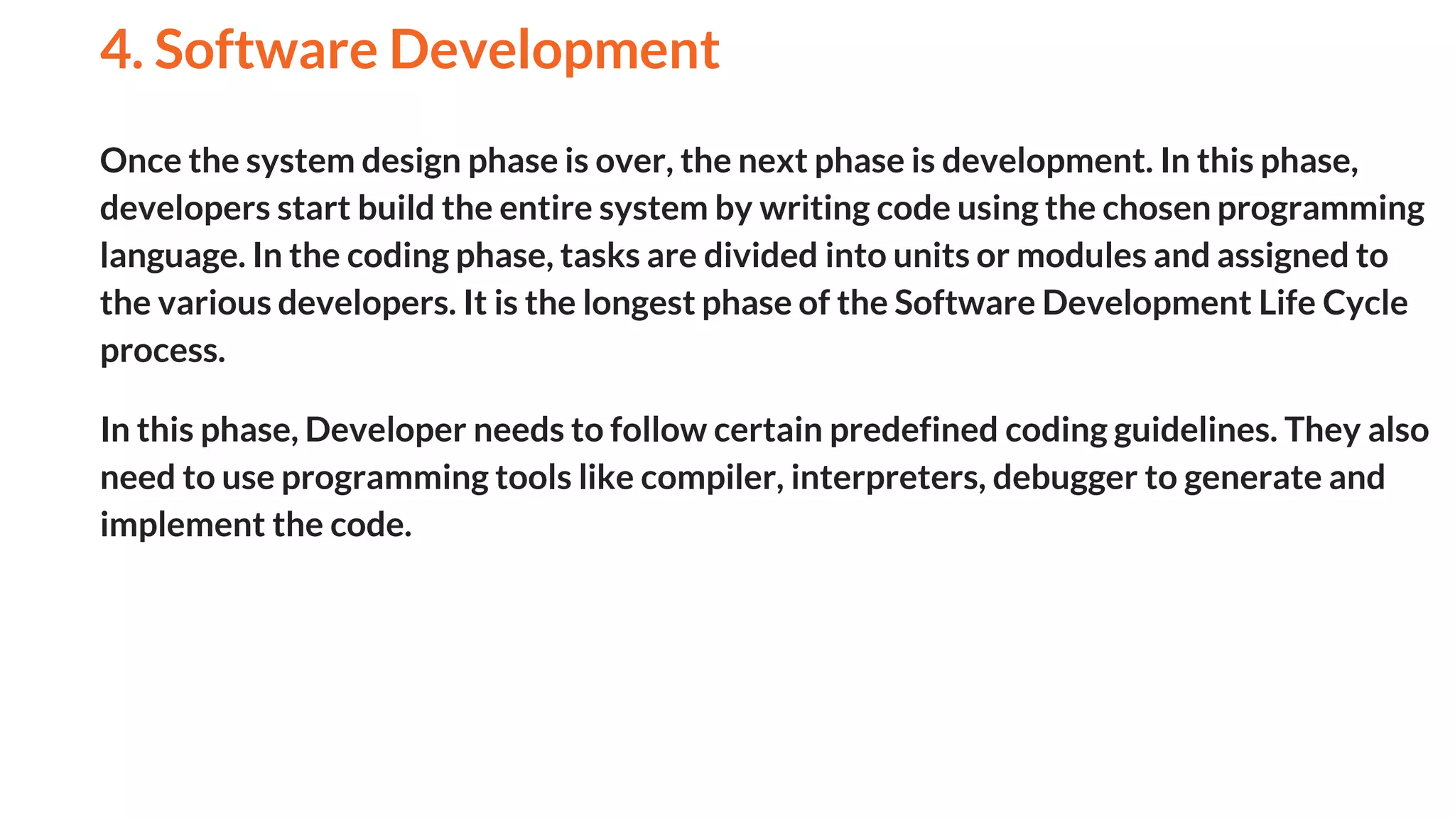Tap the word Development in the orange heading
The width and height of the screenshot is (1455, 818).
(x=554, y=51)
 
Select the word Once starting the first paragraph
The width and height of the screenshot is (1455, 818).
(x=141, y=160)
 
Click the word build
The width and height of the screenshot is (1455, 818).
(x=396, y=208)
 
